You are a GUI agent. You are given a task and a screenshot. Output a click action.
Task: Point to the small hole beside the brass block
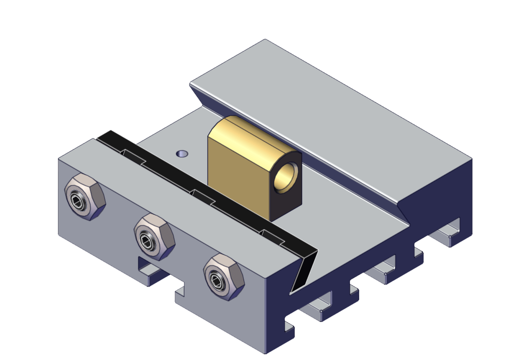coord(182,154)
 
